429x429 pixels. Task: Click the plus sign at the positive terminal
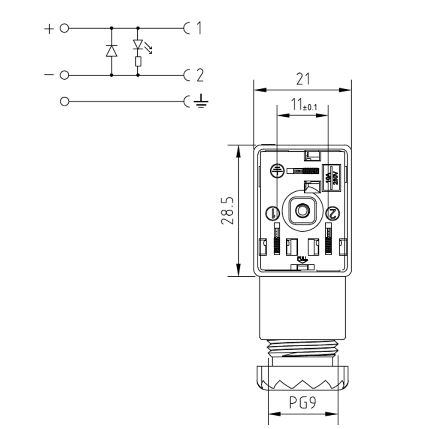click(49, 29)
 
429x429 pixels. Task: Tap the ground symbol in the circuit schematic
click(201, 102)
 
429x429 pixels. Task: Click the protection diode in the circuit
click(112, 51)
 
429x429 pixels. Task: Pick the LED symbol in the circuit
click(138, 45)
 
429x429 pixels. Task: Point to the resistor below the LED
click(138, 62)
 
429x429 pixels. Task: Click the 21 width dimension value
click(303, 79)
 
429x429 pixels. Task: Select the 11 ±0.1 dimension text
click(303, 105)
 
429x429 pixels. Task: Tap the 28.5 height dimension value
click(227, 211)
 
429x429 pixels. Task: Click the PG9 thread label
click(302, 403)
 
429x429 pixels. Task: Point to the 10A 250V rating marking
click(331, 176)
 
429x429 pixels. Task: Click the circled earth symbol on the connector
click(276, 171)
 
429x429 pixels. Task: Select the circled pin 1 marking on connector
click(273, 212)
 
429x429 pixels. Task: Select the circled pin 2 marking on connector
click(332, 212)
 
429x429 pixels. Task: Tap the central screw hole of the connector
click(302, 211)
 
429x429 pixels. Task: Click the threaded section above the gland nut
click(302, 347)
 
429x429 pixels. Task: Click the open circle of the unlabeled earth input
click(64, 102)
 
